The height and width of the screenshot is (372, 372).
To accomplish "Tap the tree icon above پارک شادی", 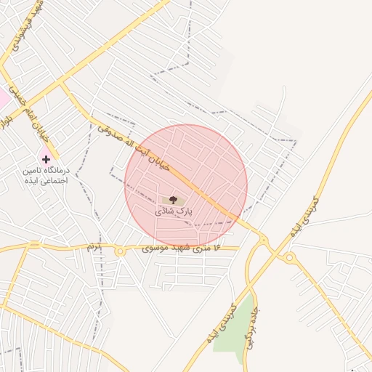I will (173, 199).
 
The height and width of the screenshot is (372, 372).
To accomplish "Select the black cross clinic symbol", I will (46, 158).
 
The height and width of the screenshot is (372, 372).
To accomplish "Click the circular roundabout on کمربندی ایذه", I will (290, 257).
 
